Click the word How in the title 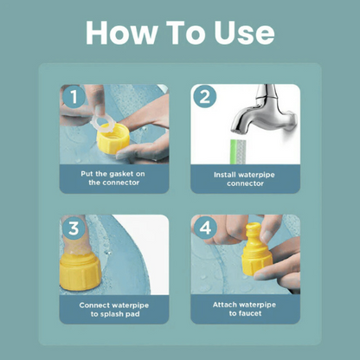122,32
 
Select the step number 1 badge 74,97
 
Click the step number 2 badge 205,97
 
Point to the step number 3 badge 74,228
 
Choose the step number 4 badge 205,228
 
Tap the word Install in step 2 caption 224,175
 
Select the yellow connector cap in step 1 112,139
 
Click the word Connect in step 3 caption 95,305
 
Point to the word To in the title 186,32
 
